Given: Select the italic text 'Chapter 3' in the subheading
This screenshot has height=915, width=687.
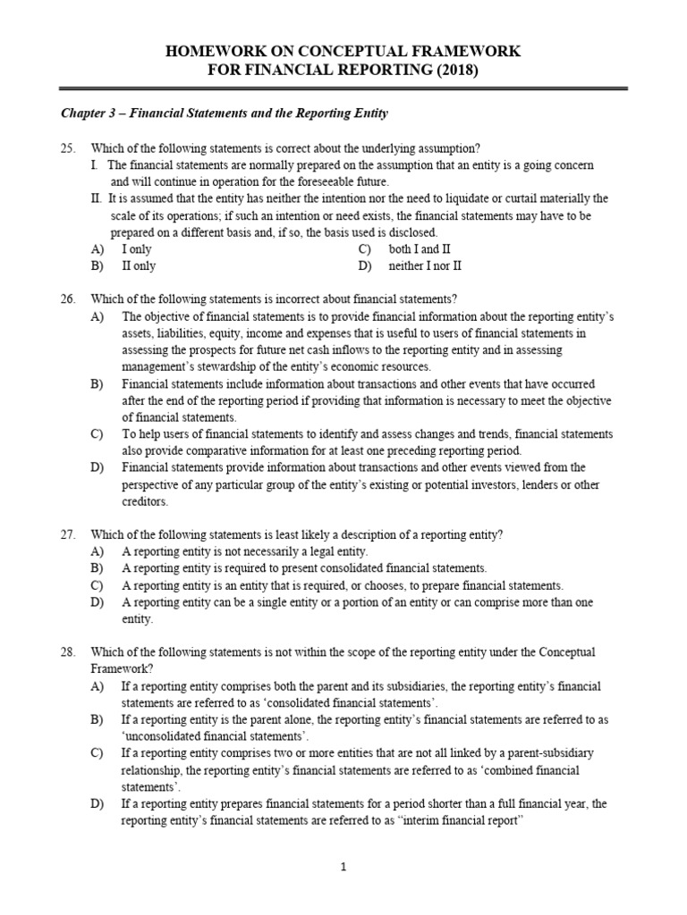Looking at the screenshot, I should coord(89,113).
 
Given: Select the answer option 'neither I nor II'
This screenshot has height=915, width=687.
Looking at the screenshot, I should coord(425,266).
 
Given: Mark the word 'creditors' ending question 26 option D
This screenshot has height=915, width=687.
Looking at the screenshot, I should coord(144,501).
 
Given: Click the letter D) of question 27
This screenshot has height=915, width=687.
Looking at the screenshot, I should coord(97,602).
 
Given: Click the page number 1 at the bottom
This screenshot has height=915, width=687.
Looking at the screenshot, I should coord(343,867).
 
